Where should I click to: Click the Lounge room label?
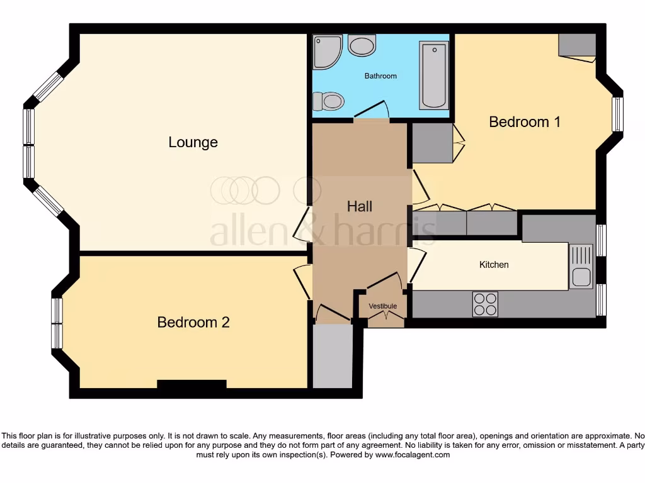tap(193, 142)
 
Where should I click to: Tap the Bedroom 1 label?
tap(525, 121)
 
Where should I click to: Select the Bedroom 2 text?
tap(193, 322)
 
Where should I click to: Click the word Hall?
tap(360, 206)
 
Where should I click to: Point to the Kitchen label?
tap(494, 265)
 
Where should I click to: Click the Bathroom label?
tap(380, 76)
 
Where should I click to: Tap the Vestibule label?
tap(383, 306)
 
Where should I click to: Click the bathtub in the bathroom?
tap(434, 75)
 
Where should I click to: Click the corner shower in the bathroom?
tap(327, 50)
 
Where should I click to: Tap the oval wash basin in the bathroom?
tap(362, 45)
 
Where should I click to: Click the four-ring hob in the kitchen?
tap(485, 304)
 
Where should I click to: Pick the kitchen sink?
tap(581, 267)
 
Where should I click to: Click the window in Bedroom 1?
tap(617, 114)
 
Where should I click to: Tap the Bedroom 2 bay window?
tap(57, 323)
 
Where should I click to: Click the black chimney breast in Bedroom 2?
tap(191, 384)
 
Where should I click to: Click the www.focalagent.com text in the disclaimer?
tap(413, 455)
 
